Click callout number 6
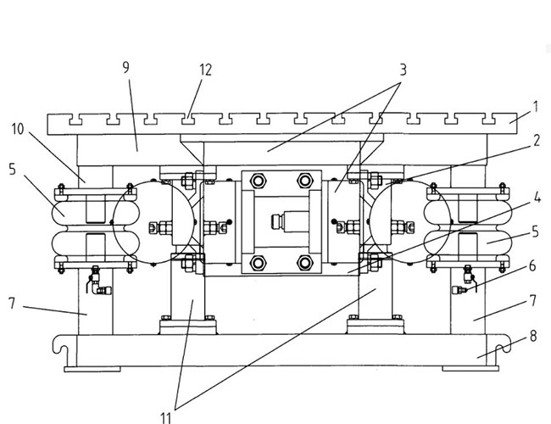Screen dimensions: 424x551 pyautogui.click(x=532, y=265)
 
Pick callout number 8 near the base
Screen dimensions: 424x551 pyautogui.click(x=532, y=336)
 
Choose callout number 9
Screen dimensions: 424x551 pyautogui.click(x=125, y=68)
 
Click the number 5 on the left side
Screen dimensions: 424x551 pyautogui.click(x=12, y=169)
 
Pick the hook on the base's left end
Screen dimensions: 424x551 pyautogui.click(x=58, y=346)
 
